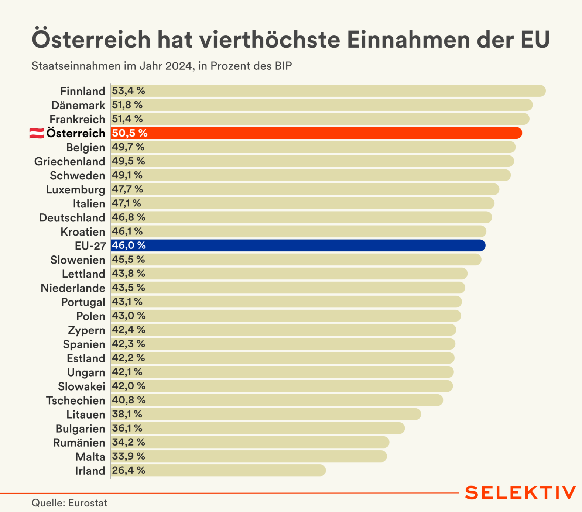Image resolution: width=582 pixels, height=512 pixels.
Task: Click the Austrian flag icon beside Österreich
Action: (37, 133)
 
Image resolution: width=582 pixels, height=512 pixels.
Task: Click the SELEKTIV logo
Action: (520, 493)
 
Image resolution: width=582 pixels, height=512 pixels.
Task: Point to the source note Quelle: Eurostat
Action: (69, 503)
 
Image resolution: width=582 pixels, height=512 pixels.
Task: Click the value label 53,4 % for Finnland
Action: (129, 91)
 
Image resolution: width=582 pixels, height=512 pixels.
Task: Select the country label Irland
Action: (90, 471)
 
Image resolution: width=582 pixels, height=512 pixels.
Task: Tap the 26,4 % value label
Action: (129, 471)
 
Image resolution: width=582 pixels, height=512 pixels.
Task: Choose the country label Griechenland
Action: (69, 161)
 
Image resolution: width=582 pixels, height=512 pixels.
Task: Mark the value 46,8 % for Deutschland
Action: (129, 217)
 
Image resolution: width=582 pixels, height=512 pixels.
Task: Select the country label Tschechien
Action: (76, 401)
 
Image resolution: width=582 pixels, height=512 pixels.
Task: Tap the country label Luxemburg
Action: (75, 190)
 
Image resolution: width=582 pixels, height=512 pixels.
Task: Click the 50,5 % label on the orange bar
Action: (130, 133)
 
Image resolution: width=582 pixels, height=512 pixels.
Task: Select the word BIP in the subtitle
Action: (283, 66)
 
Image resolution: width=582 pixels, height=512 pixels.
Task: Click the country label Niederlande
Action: (73, 288)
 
